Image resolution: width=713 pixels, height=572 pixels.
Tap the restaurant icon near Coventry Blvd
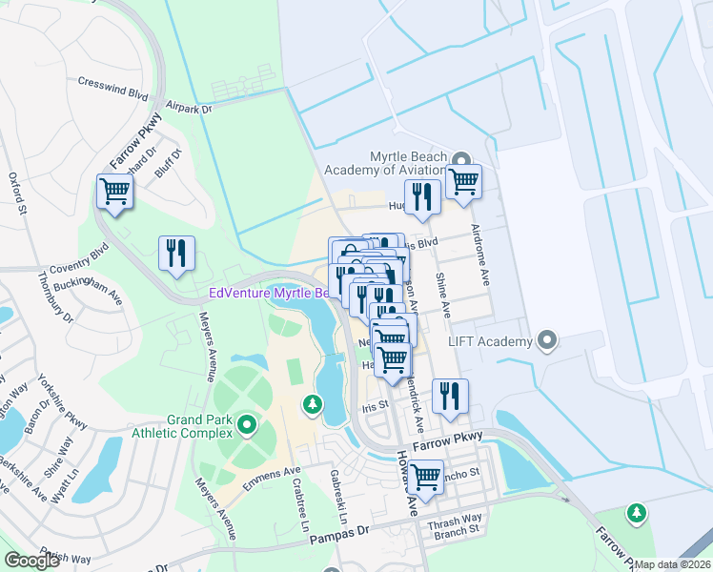(x=176, y=254)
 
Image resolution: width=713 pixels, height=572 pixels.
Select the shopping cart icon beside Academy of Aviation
(x=464, y=180)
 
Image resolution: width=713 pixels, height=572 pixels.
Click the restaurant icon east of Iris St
(x=450, y=396)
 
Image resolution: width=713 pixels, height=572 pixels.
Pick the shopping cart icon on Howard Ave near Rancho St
(x=425, y=476)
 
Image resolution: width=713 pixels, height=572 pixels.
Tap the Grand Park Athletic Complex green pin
(x=246, y=423)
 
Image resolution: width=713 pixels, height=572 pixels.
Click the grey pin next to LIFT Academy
(x=546, y=339)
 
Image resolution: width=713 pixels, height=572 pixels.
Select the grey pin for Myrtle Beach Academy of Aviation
(x=462, y=159)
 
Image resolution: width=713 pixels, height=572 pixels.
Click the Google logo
(x=31, y=560)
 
